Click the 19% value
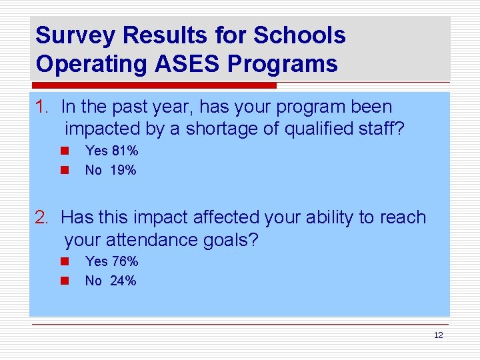click(x=123, y=171)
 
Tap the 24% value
click(x=123, y=281)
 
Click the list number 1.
click(x=42, y=107)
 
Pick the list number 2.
click(x=42, y=217)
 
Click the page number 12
click(x=438, y=335)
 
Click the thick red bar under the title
click(x=153, y=86)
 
